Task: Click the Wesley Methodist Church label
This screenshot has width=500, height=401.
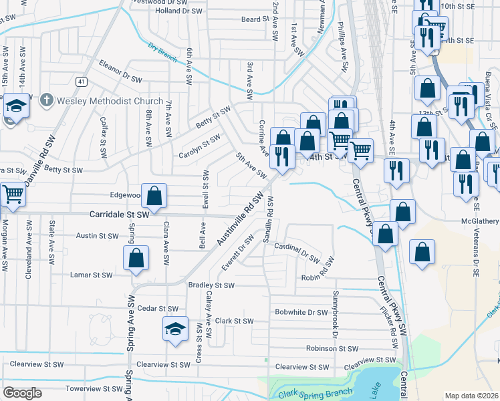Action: coord(110,101)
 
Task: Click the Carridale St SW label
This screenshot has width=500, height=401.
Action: coord(119,215)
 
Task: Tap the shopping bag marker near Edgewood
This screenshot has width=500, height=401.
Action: coord(154,196)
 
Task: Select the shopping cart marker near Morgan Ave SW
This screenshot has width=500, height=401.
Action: coord(13,194)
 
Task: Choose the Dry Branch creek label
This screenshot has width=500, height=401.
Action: coord(163,52)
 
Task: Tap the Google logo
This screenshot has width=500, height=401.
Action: coord(22,392)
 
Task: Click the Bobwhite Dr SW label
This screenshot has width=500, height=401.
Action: coord(301,312)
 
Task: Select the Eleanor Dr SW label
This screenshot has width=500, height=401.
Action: coord(120,72)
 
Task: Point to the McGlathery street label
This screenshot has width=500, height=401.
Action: coord(479,221)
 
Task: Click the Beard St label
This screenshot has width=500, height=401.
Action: coord(255,19)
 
